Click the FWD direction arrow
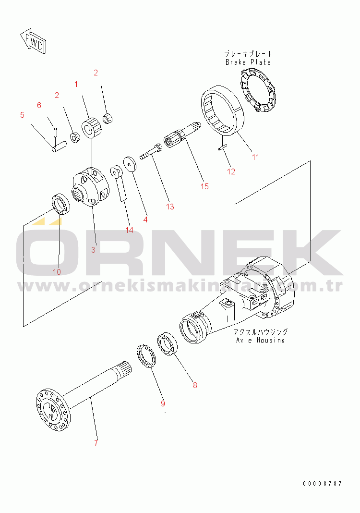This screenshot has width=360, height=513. coord(33,41)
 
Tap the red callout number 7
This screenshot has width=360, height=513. coord(96,443)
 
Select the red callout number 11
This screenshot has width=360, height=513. coord(255,157)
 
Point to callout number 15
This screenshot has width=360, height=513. coord(204,186)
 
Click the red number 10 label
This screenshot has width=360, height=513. coord(57,272)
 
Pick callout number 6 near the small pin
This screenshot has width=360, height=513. coord(39,105)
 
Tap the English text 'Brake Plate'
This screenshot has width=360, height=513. coord(248,62)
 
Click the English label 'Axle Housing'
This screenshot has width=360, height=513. coord(260,340)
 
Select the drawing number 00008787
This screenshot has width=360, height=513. coord(322,484)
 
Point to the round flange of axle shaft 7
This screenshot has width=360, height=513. coord(53,410)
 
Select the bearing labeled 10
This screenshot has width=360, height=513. coord(61,205)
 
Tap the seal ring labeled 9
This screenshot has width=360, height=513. coord(146,356)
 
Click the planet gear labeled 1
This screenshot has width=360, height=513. coord(91,128)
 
